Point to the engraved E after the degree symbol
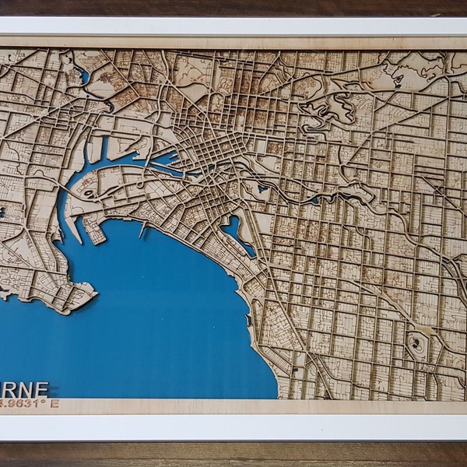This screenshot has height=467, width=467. pyautogui.click(x=57, y=404)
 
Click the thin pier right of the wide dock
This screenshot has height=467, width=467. pyautogui.click(x=142, y=230)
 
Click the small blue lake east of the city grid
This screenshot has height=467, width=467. pyautogui.click(x=262, y=188)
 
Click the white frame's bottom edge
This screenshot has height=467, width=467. pyautogui.click(x=233, y=428)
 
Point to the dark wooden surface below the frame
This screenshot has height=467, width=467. pyautogui.click(x=233, y=455)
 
